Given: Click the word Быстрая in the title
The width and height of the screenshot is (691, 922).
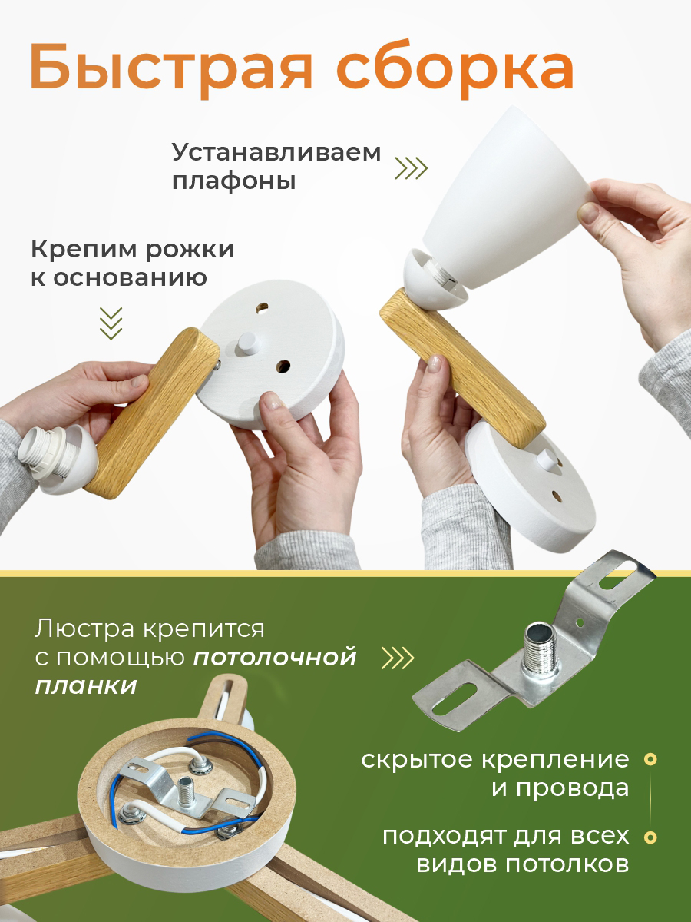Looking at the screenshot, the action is pyautogui.click(x=170, y=68).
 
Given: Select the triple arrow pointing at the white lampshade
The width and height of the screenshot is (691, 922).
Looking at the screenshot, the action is pyautogui.click(x=412, y=168).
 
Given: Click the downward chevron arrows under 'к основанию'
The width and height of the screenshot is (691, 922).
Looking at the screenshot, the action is pyautogui.click(x=111, y=323).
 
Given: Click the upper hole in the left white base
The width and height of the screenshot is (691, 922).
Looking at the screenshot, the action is pyautogui.click(x=263, y=308).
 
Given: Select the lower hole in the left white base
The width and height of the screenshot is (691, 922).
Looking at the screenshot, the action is pyautogui.click(x=283, y=366).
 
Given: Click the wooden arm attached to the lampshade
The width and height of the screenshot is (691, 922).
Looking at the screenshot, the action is pyautogui.click(x=461, y=369).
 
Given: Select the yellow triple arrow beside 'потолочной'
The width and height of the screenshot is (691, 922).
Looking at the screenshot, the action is pyautogui.click(x=397, y=658).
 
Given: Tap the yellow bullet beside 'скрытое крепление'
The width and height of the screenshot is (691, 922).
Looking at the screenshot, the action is pyautogui.click(x=651, y=759).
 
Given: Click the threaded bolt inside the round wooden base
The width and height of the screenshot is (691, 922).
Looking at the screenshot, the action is pyautogui.click(x=184, y=791).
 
